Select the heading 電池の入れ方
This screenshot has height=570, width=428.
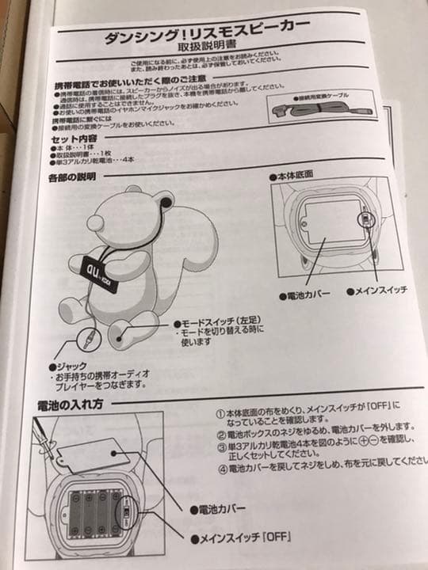coord(74,404)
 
